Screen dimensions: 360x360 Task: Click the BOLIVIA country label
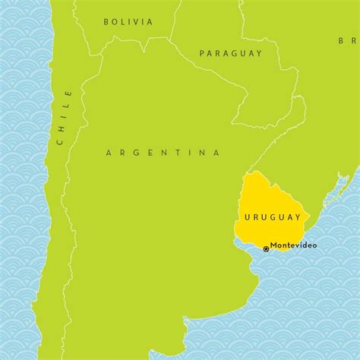pos(128,21)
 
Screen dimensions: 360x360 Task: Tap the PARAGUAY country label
pos(230,53)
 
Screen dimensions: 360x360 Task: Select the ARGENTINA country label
pos(163,153)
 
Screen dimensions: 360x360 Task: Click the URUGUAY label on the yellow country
pos(273,217)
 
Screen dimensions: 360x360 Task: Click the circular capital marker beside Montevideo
pos(266,248)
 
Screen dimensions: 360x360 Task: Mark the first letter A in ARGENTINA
pos(109,153)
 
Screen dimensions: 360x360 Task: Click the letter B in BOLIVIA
pos(106,21)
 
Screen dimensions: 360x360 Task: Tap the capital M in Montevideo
pos(274,245)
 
